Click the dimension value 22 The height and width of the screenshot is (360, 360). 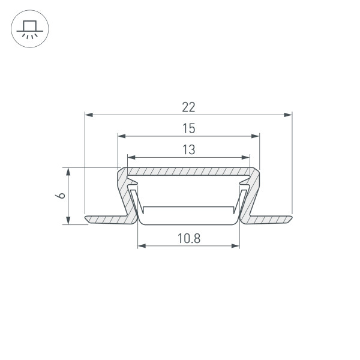tap(188, 107)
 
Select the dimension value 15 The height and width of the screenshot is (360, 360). tap(189, 128)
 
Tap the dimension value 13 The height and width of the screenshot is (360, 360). tap(189, 149)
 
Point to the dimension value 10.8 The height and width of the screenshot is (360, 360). tap(189, 238)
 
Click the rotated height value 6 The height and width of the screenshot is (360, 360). tap(61, 196)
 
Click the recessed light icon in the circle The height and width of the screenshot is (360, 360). tap(29, 29)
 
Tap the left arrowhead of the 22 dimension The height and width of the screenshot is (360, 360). tap(89, 115)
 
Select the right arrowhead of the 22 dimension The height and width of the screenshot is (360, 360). tap(288, 115)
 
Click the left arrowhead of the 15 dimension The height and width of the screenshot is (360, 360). tap(122, 136)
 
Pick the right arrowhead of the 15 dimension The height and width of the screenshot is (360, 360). tap(256, 136)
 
